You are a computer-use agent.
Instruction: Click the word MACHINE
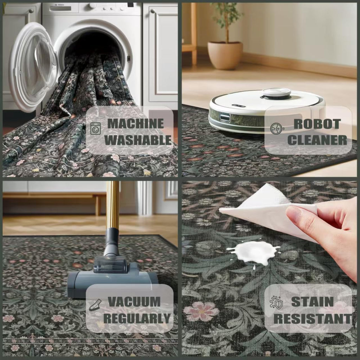click(135, 123)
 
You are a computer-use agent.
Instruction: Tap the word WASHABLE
click(138, 140)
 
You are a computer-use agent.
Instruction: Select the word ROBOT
click(317, 124)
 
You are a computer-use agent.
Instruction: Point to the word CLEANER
click(317, 140)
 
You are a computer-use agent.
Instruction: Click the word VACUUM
click(134, 302)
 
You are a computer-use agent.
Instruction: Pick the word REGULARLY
click(137, 318)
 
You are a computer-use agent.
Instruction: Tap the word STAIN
click(312, 302)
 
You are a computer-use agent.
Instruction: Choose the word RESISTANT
click(313, 319)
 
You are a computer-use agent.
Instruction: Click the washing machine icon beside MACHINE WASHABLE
click(95, 128)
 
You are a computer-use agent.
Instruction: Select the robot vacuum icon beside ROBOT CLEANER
click(277, 129)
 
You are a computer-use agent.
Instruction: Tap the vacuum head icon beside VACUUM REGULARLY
click(95, 305)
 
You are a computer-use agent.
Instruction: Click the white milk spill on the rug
click(254, 252)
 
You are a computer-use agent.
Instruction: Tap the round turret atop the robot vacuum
click(276, 93)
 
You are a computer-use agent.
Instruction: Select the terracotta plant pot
click(225, 55)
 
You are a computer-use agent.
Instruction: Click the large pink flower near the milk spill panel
click(201, 311)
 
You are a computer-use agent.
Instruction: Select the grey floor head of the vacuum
click(112, 282)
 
